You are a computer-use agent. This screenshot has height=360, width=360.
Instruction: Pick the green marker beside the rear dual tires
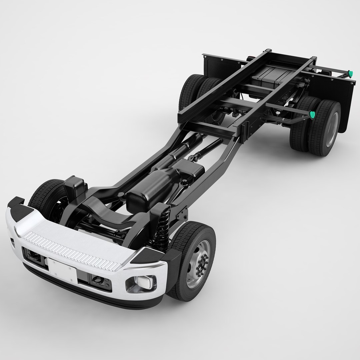pos(312,115)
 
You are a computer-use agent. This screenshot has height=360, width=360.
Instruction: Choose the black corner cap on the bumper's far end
pos(16,203)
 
